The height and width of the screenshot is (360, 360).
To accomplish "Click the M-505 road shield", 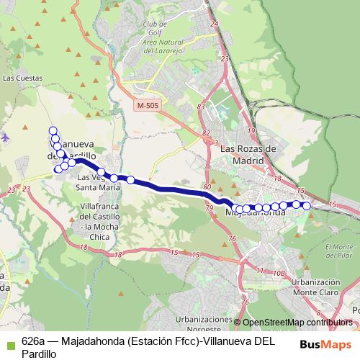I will click(x=147, y=105).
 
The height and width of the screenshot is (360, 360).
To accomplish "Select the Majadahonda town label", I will click(x=256, y=213).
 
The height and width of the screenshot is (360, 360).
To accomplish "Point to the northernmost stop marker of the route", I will click(x=53, y=130).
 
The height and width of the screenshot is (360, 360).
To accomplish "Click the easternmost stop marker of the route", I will click(x=307, y=206).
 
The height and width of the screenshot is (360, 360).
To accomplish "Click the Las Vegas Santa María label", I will click(x=99, y=181).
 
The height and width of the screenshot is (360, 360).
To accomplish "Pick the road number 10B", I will click(x=279, y=274).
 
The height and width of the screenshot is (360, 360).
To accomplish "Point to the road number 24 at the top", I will click(x=214, y=24).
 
